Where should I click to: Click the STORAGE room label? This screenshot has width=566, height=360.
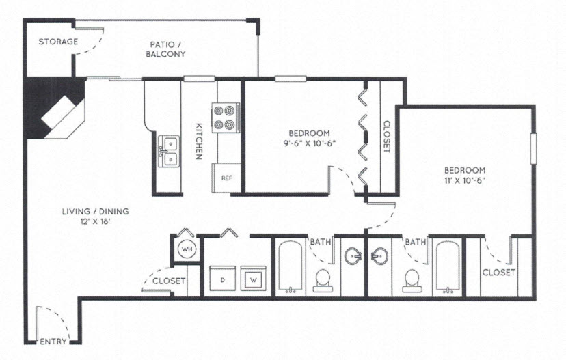point(57,42)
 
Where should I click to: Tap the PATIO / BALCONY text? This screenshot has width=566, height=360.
point(165,49)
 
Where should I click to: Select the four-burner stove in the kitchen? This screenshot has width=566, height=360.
point(226,117)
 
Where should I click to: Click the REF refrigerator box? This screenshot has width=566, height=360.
point(226,178)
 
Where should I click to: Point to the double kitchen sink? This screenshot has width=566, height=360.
point(167,152)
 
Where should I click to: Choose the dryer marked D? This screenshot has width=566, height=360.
point(222,279)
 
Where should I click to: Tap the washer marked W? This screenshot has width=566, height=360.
point(252,279)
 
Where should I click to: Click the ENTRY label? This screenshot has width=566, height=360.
point(53,342)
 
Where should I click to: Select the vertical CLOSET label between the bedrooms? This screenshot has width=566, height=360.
point(386,137)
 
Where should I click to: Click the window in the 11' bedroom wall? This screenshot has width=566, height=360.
point(533,148)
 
